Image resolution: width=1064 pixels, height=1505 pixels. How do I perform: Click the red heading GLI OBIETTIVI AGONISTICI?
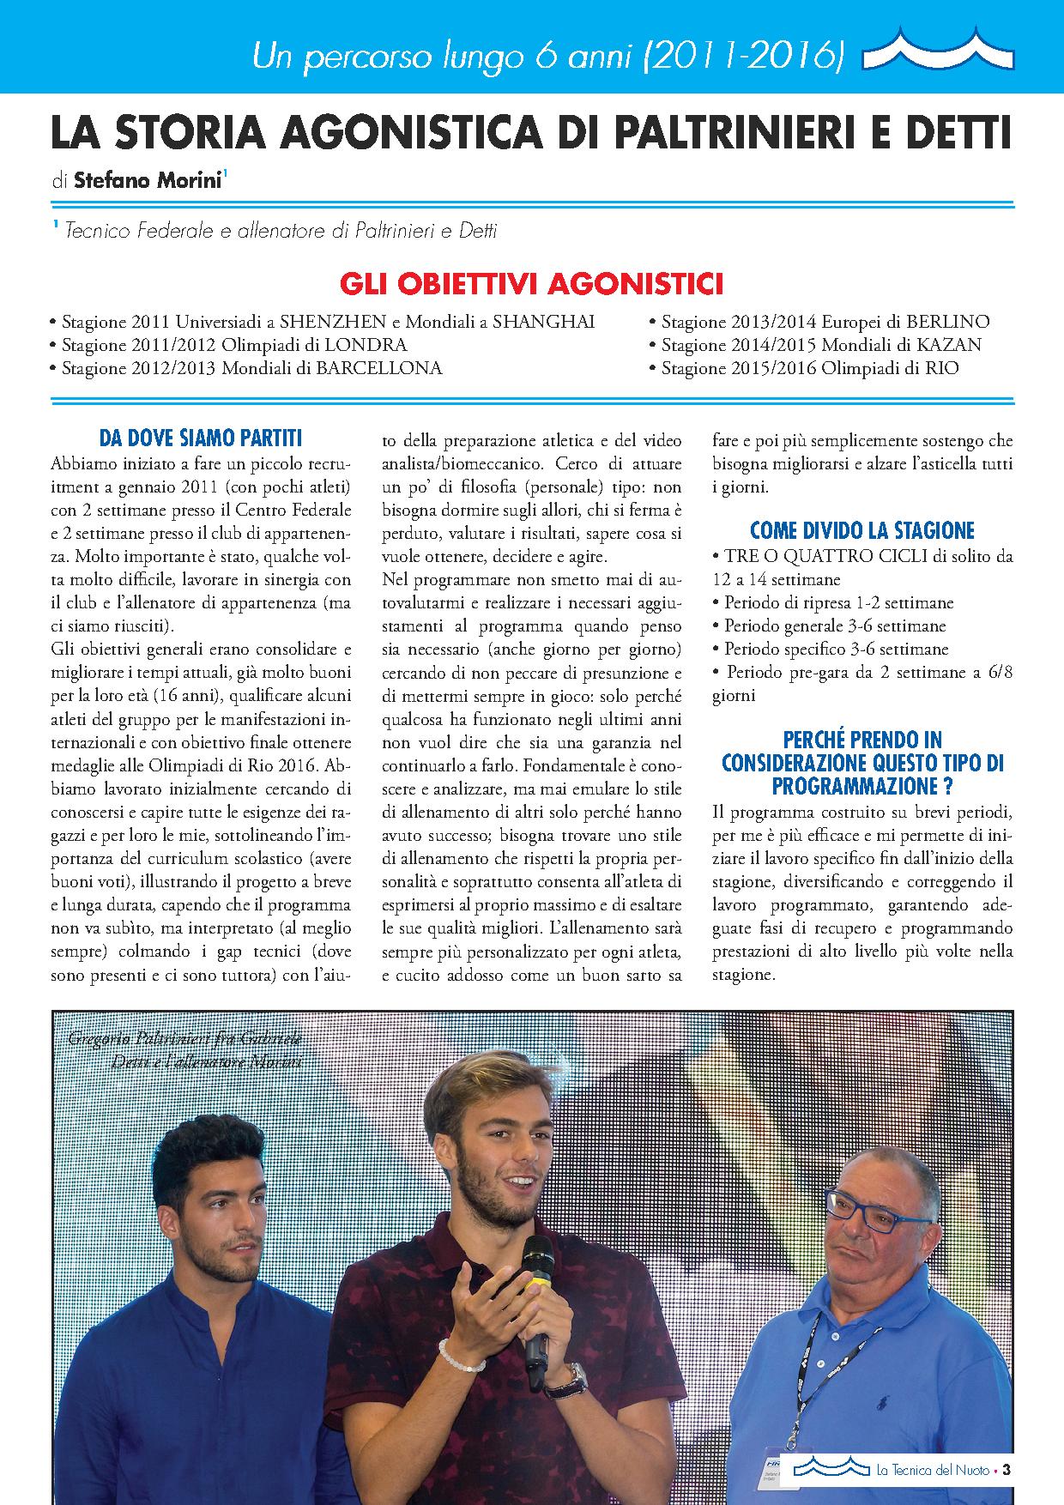tap(531, 284)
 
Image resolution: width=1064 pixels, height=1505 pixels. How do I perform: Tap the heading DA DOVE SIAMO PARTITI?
tap(201, 438)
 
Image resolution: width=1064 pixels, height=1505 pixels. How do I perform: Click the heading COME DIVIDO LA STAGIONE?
tap(862, 530)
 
